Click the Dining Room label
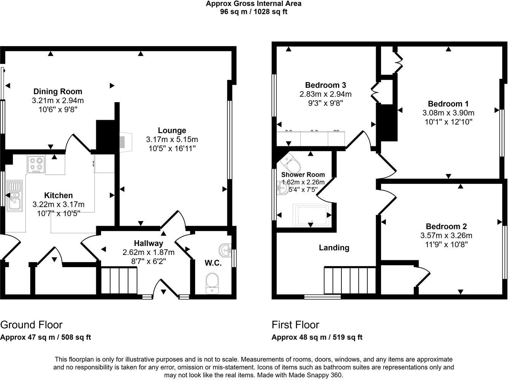point(58,91)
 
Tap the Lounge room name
point(172,130)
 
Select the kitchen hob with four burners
point(36,164)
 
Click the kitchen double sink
point(14,196)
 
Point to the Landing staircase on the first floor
point(350,280)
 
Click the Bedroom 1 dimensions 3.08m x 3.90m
point(448,113)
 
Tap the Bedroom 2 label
point(446,226)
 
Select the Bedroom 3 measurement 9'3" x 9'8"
point(325,103)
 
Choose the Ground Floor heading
point(31,325)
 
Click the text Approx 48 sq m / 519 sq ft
point(317,337)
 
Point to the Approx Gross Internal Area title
point(254,4)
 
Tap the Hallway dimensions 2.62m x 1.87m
point(148,252)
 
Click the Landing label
point(334,248)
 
